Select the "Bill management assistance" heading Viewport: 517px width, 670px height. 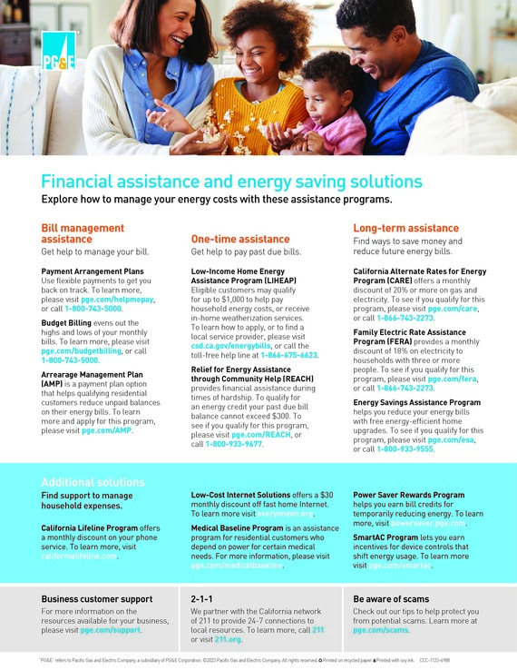coord(83,233)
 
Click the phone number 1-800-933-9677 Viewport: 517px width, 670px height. coord(233,445)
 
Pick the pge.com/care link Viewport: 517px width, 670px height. coord(453,308)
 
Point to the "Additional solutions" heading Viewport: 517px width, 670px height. coord(93,481)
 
